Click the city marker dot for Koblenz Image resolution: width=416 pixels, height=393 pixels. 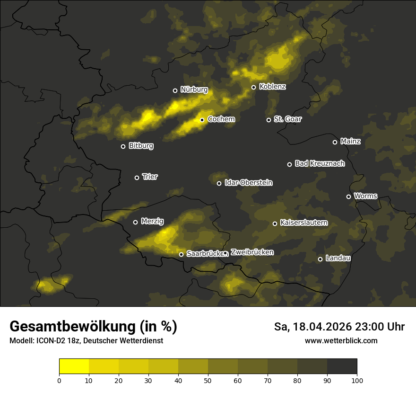point(253,87)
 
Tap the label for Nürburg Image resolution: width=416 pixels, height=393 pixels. point(194,89)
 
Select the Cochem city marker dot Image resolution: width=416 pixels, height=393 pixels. point(202,120)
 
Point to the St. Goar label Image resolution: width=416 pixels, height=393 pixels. point(287,119)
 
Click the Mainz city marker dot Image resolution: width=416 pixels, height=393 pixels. point(335,142)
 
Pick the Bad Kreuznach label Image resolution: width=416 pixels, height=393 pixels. point(320,163)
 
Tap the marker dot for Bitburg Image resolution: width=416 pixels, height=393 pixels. point(123,146)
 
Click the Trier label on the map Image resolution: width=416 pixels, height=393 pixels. point(150,177)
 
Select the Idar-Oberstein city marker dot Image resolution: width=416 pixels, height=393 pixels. point(219,183)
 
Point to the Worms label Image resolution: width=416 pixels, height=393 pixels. point(365,196)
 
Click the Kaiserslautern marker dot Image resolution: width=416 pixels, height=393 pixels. point(275,223)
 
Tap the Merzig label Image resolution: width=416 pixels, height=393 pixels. point(152,221)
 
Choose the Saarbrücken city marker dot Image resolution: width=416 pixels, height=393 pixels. point(181,254)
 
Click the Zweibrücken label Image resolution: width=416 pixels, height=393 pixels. point(252,252)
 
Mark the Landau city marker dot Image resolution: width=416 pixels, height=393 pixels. point(320,259)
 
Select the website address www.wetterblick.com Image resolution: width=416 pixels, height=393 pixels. point(341,340)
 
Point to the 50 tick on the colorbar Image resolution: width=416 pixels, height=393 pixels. point(208,380)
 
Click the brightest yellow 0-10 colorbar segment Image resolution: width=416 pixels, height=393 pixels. point(74,366)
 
